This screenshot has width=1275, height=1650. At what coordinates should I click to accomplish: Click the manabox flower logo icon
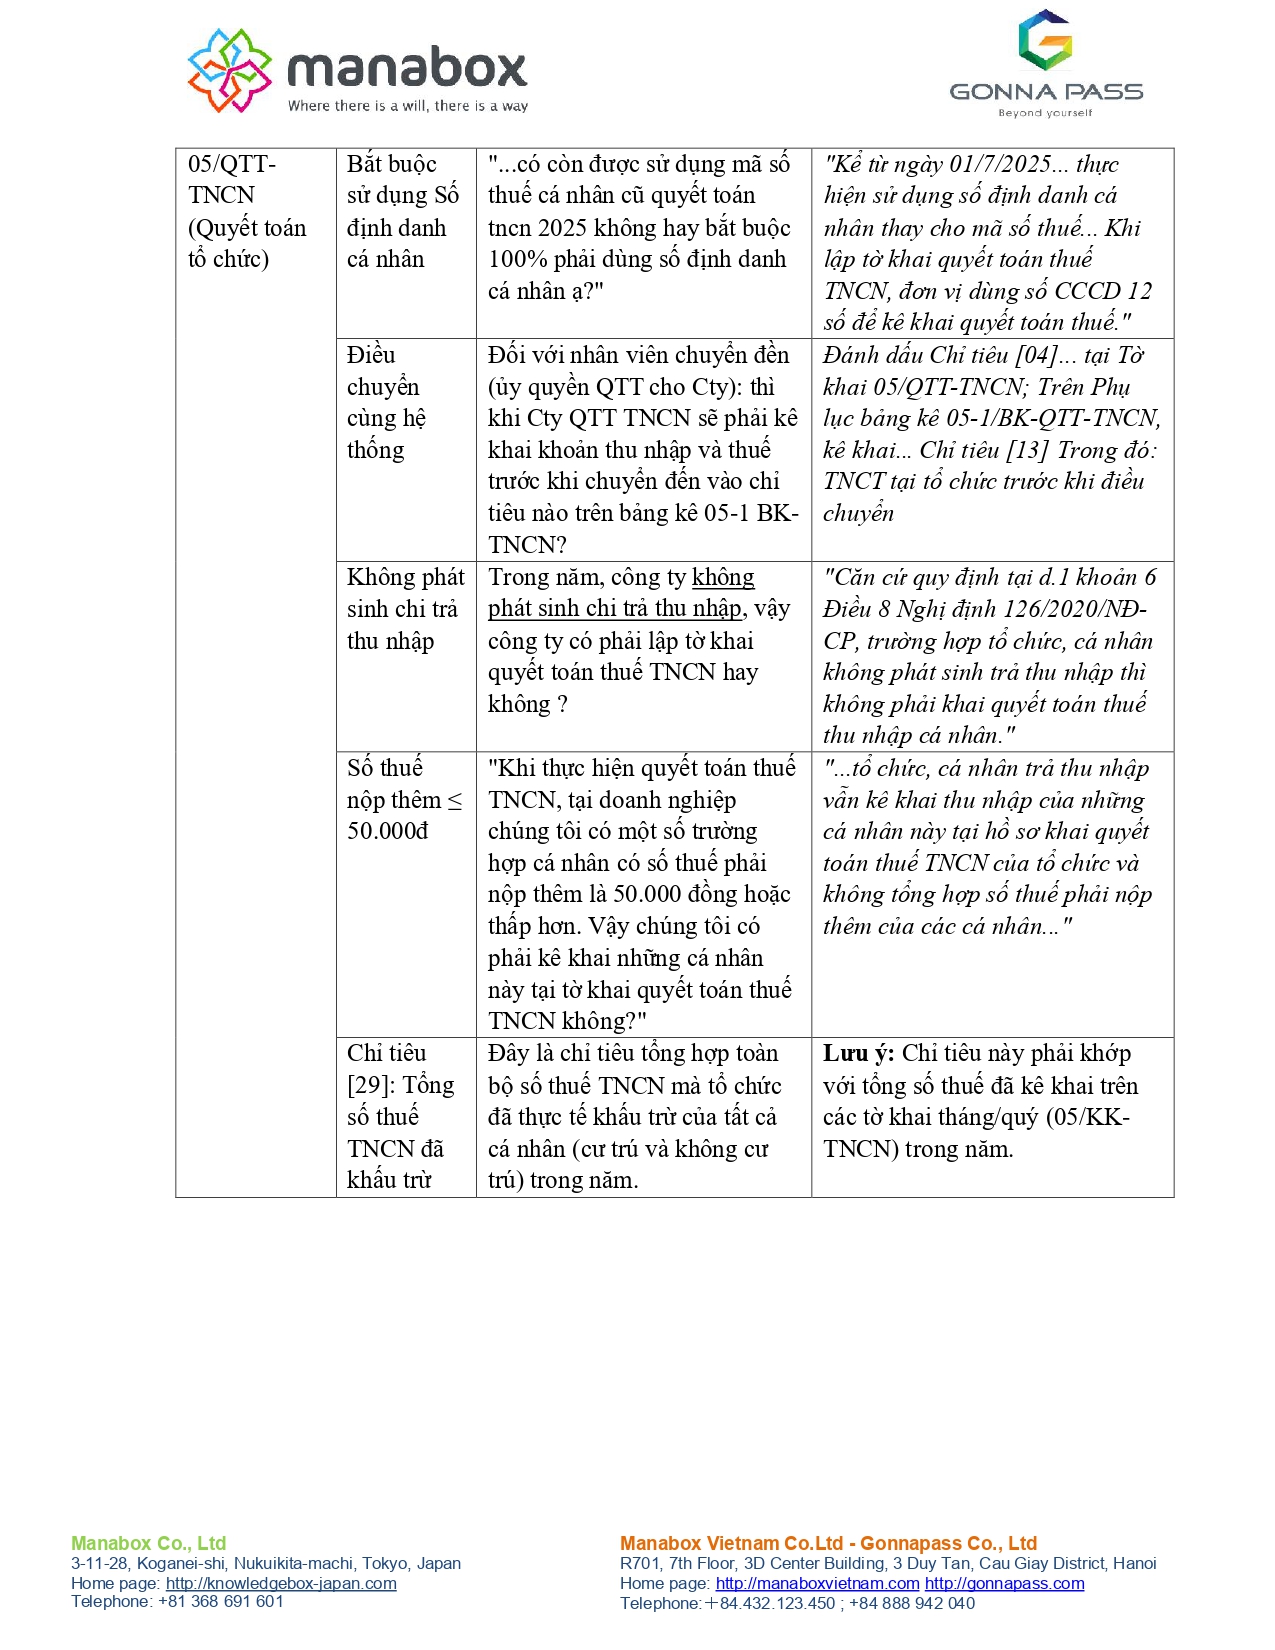coord(230,70)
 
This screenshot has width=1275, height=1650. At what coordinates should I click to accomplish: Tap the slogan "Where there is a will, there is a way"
coord(408,106)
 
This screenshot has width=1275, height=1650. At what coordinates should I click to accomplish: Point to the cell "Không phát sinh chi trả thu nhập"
coord(405,609)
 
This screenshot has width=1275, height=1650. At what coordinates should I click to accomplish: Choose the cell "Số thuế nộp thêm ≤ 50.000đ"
coord(405,800)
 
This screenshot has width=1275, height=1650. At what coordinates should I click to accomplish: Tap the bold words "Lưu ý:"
coord(858,1054)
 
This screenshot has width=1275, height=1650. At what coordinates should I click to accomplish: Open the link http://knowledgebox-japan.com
coord(281,1584)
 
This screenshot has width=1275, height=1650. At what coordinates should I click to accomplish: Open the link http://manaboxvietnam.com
coord(817,1584)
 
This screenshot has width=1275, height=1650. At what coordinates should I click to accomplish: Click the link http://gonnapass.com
coord(1004,1584)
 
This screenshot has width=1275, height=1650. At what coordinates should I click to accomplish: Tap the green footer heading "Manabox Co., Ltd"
coord(148,1543)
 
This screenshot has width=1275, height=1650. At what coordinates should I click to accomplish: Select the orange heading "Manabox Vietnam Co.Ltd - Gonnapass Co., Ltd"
coord(828,1543)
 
